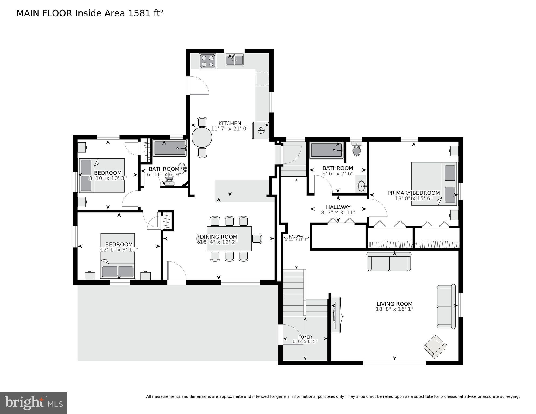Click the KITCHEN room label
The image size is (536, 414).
tap(230, 123)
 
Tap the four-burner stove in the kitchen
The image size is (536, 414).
tap(207, 61)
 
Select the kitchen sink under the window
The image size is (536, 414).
tap(234, 60)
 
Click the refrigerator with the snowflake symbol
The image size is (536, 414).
tap(261, 131)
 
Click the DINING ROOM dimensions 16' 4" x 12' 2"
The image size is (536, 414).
tap(219, 242)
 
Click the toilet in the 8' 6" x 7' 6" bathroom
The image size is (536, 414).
tap(357, 150)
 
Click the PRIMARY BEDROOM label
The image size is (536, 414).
tap(413, 193)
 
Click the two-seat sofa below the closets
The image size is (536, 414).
tap(389, 262)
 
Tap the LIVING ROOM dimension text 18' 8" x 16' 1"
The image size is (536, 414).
tap(394, 309)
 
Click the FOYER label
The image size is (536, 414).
tap(305, 337)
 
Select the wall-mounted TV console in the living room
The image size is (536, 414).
tap(336, 315)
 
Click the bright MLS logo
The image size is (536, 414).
tap(33, 403)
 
